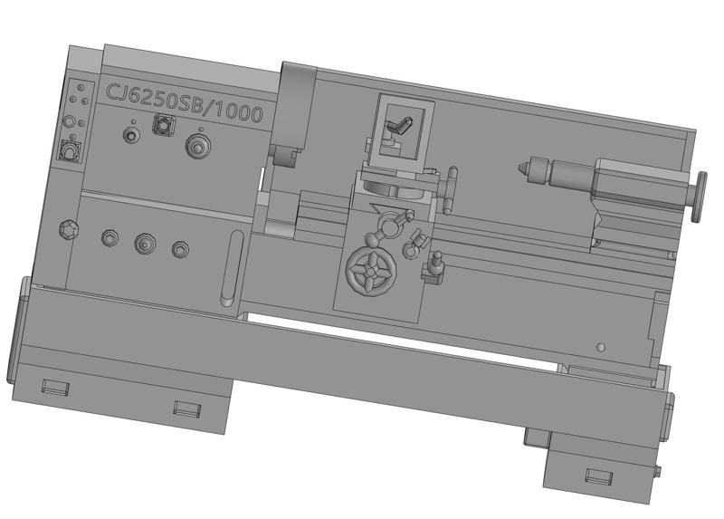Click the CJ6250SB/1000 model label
[x=185, y=102]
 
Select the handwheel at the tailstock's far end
[x=698, y=197]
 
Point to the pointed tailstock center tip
[x=521, y=165]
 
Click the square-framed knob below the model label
[x=164, y=125]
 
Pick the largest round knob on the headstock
[x=198, y=146]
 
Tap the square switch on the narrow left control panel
[x=71, y=150]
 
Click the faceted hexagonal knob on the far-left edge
[x=69, y=229]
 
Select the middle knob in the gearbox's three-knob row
[x=145, y=243]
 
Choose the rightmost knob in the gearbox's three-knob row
[x=180, y=250]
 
